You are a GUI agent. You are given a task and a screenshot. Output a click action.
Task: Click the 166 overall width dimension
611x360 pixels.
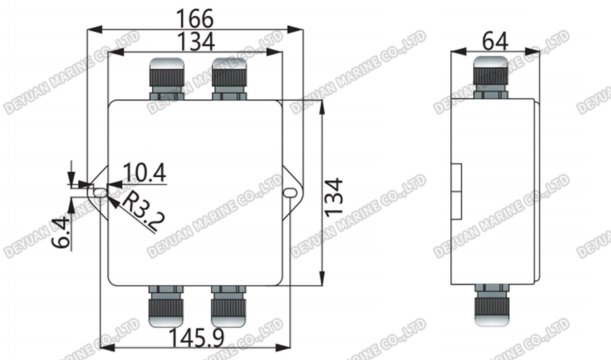(195, 18)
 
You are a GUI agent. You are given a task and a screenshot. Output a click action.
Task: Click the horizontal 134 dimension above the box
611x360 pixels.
(195, 41)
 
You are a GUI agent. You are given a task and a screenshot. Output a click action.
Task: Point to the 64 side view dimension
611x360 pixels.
(496, 40)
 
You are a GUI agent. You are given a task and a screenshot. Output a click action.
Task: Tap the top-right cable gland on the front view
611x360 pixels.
(227, 78)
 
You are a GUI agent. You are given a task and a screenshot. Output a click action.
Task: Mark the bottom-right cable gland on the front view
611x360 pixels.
(227, 306)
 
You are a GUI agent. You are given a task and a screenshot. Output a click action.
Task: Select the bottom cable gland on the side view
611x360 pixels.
(490, 306)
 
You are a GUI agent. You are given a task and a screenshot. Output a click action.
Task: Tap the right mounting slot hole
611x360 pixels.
(291, 194)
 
